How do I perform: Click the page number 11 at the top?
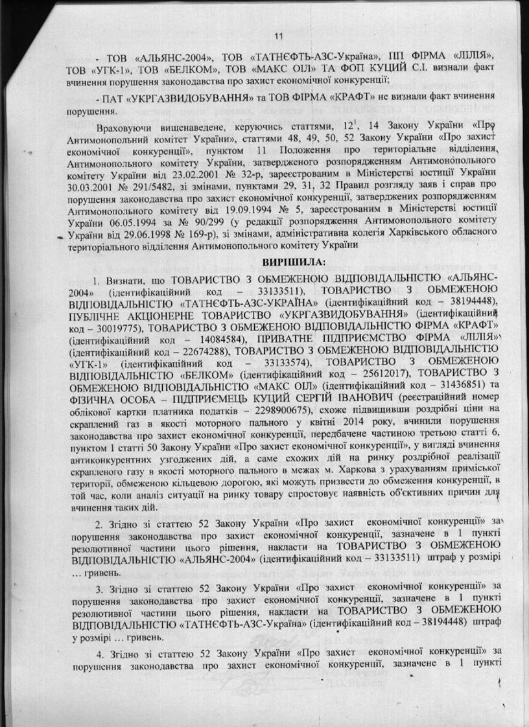[279, 36]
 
